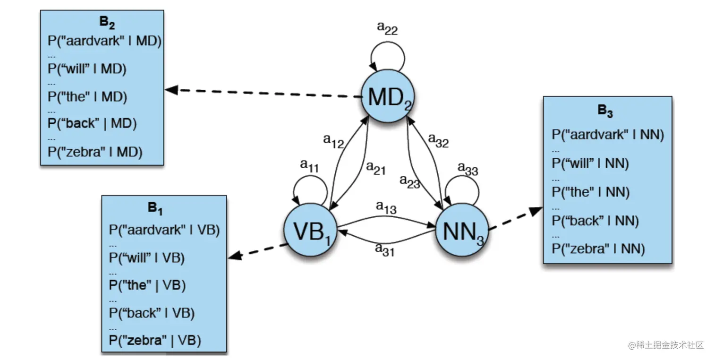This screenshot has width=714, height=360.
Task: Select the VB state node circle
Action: [310, 231]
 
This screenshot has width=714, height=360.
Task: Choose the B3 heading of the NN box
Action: [605, 111]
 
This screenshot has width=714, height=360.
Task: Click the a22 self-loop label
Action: [387, 29]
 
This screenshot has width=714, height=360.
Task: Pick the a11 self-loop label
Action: [310, 165]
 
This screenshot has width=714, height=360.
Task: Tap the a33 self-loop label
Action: [468, 169]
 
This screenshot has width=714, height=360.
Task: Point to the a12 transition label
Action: [333, 140]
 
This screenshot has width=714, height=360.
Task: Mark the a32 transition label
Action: [438, 140]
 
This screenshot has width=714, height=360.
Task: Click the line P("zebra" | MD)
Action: [95, 152]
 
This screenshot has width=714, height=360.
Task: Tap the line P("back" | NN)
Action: [595, 220]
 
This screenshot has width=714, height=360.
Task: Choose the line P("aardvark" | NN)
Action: [608, 135]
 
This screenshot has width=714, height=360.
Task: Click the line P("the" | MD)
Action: [87, 97]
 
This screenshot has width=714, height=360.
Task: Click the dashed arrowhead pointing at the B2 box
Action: [171, 89]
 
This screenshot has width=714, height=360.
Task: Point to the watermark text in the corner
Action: [666, 345]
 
